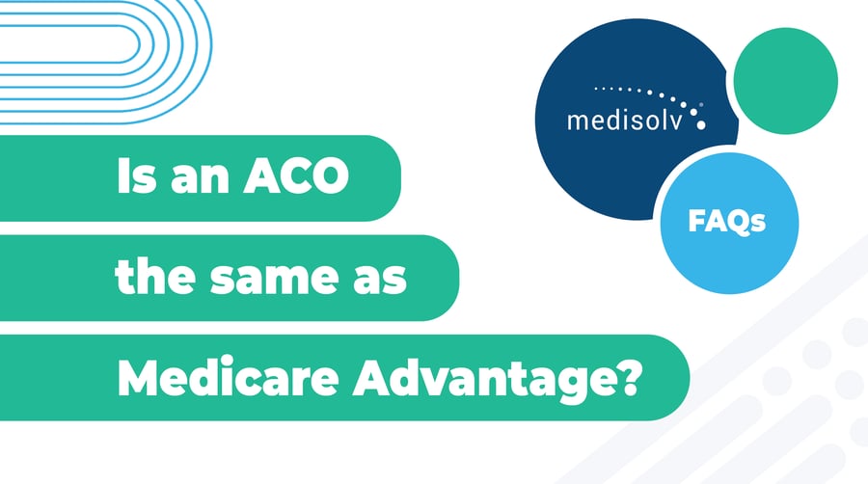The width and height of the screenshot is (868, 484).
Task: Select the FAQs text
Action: coord(727,223)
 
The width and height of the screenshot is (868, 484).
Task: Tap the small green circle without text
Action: coord(785,80)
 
